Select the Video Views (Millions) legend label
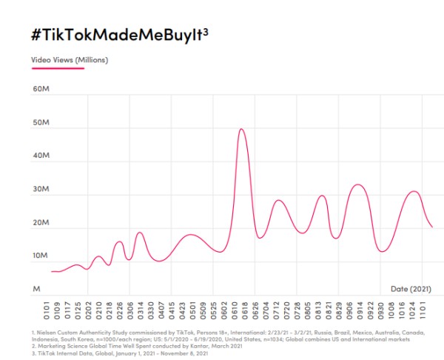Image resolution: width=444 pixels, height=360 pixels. (x=70, y=60)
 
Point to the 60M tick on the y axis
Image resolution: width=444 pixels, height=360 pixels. (x=40, y=90)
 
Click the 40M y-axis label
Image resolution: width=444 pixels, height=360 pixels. (x=40, y=156)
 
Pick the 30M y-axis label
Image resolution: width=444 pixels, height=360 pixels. (x=40, y=190)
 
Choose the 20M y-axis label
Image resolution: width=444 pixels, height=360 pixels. (x=40, y=223)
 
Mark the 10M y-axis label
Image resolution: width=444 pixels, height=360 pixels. (x=40, y=256)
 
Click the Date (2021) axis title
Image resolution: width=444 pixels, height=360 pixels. (x=411, y=287)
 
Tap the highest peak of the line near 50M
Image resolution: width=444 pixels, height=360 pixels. (x=241, y=129)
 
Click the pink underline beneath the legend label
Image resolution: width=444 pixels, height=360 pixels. (x=58, y=69)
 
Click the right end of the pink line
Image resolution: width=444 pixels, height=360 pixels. (x=432, y=227)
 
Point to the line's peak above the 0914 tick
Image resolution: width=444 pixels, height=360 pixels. (x=358, y=184)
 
